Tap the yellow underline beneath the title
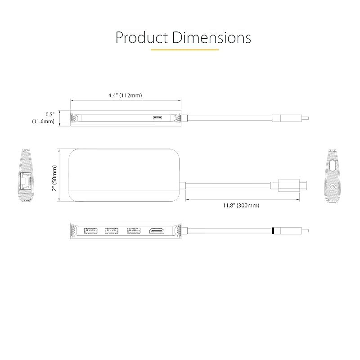point(184,49)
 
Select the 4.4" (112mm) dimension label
point(125,95)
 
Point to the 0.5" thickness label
point(49,114)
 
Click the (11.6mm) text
point(43,121)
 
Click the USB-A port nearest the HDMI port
point(133,231)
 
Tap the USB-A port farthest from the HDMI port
point(90,231)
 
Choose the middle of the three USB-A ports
point(112,231)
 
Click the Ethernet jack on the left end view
point(26,181)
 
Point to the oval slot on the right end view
point(333,165)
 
